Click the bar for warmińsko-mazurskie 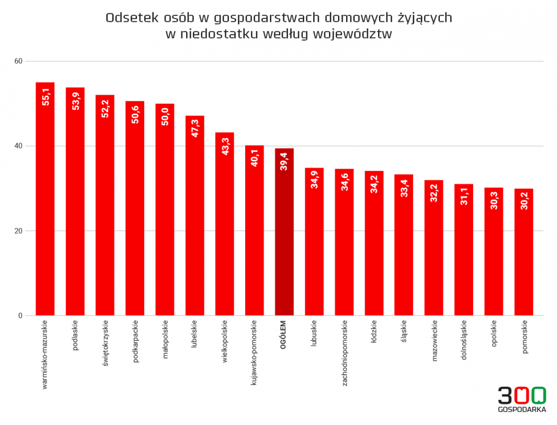(x=45, y=200)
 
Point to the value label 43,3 (x=225, y=146)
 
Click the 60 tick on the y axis (x=19, y=61)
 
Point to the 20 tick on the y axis (x=19, y=231)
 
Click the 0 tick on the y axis (x=20, y=316)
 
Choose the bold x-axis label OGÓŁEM (x=284, y=335)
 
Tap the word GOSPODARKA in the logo (x=522, y=409)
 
